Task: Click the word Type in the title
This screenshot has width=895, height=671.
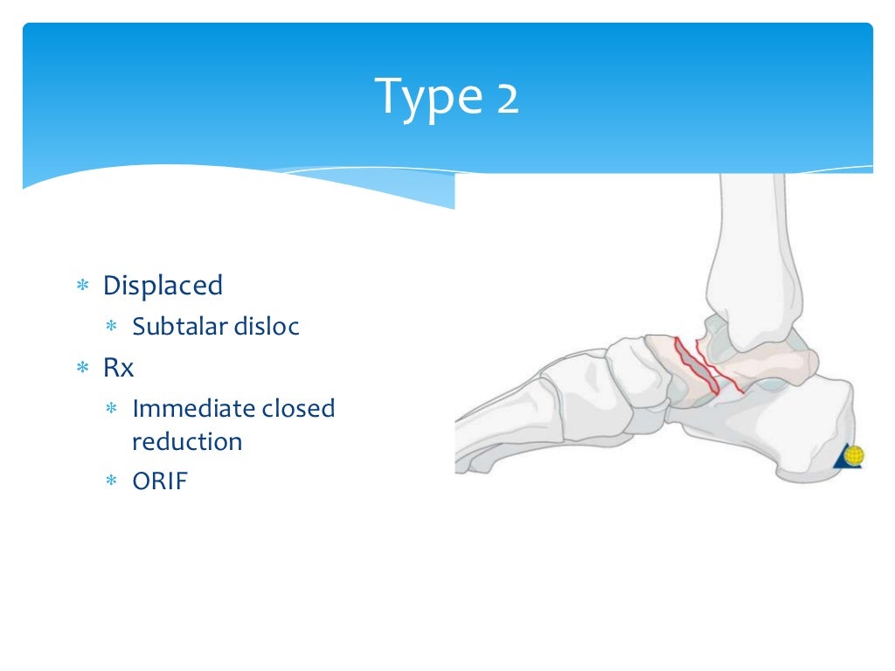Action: (x=425, y=98)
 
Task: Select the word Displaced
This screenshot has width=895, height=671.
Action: (x=163, y=286)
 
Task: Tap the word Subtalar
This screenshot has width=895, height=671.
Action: (x=179, y=327)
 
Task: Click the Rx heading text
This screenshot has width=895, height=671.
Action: (x=119, y=368)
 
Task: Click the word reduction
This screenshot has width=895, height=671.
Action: (x=187, y=441)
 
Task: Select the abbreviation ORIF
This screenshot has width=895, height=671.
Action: (x=160, y=481)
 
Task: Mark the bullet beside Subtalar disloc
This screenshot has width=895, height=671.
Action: (x=111, y=328)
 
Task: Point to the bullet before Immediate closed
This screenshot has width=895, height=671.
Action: (x=111, y=409)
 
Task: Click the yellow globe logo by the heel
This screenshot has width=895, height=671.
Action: (x=853, y=455)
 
